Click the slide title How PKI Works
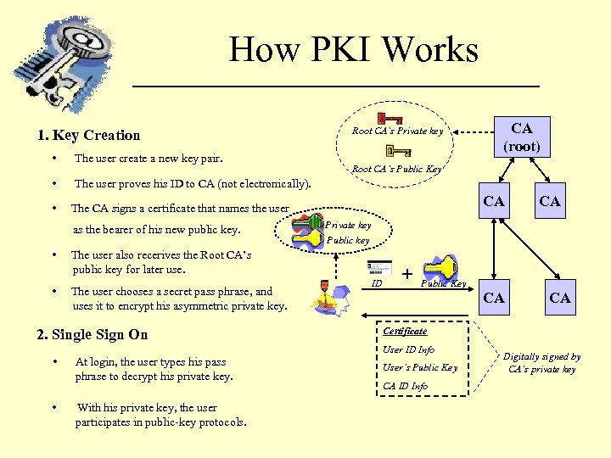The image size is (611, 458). [353, 49]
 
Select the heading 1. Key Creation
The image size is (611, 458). [89, 135]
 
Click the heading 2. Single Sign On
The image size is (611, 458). [92, 334]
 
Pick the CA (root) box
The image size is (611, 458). [522, 137]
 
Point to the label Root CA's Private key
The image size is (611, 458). [397, 131]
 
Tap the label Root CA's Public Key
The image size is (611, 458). [396, 169]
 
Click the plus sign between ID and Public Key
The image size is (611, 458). [407, 274]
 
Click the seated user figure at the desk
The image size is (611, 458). [324, 294]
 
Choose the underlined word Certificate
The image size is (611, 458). [405, 331]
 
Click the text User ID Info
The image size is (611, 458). [408, 349]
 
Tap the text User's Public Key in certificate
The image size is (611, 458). [419, 367]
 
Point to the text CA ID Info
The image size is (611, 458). [405, 386]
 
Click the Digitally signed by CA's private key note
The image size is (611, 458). [541, 363]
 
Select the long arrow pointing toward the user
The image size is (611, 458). [407, 321]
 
